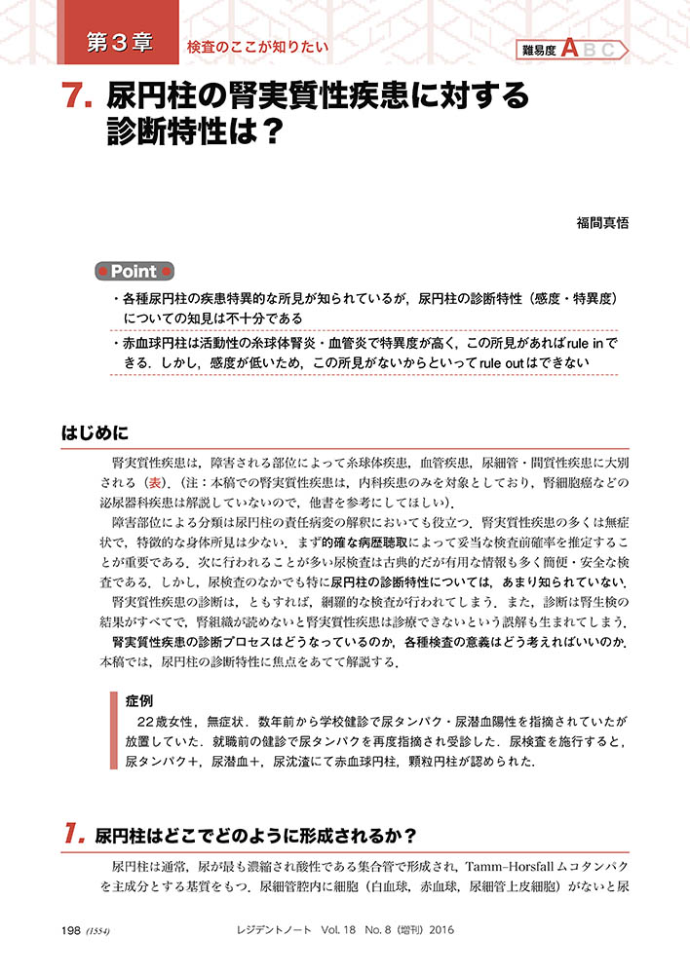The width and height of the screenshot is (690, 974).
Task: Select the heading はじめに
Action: tap(94, 430)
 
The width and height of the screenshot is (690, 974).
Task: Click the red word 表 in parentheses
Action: tap(154, 483)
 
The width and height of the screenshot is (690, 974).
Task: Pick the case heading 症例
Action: tap(138, 700)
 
